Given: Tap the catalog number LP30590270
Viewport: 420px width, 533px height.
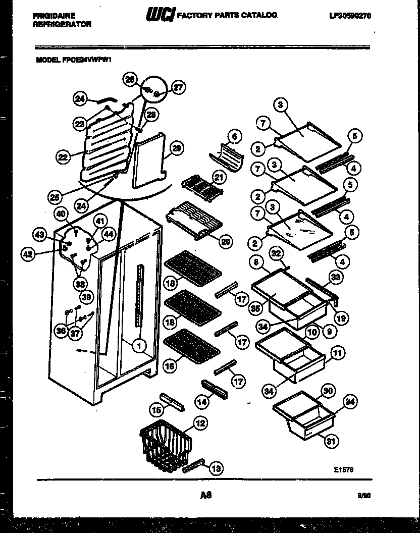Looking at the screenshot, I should [350, 16].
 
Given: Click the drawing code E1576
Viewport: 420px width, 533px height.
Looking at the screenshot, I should [344, 469].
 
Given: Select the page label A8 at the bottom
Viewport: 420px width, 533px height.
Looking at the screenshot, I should [205, 495].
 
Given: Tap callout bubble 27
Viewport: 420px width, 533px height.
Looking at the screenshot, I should [178, 87].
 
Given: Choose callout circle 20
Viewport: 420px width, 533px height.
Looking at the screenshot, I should [226, 242].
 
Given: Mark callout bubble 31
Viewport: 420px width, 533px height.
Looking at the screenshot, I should [331, 443].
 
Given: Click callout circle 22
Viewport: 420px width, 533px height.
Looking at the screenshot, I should [63, 157].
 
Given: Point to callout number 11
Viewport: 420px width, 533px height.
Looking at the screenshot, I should [338, 353].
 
